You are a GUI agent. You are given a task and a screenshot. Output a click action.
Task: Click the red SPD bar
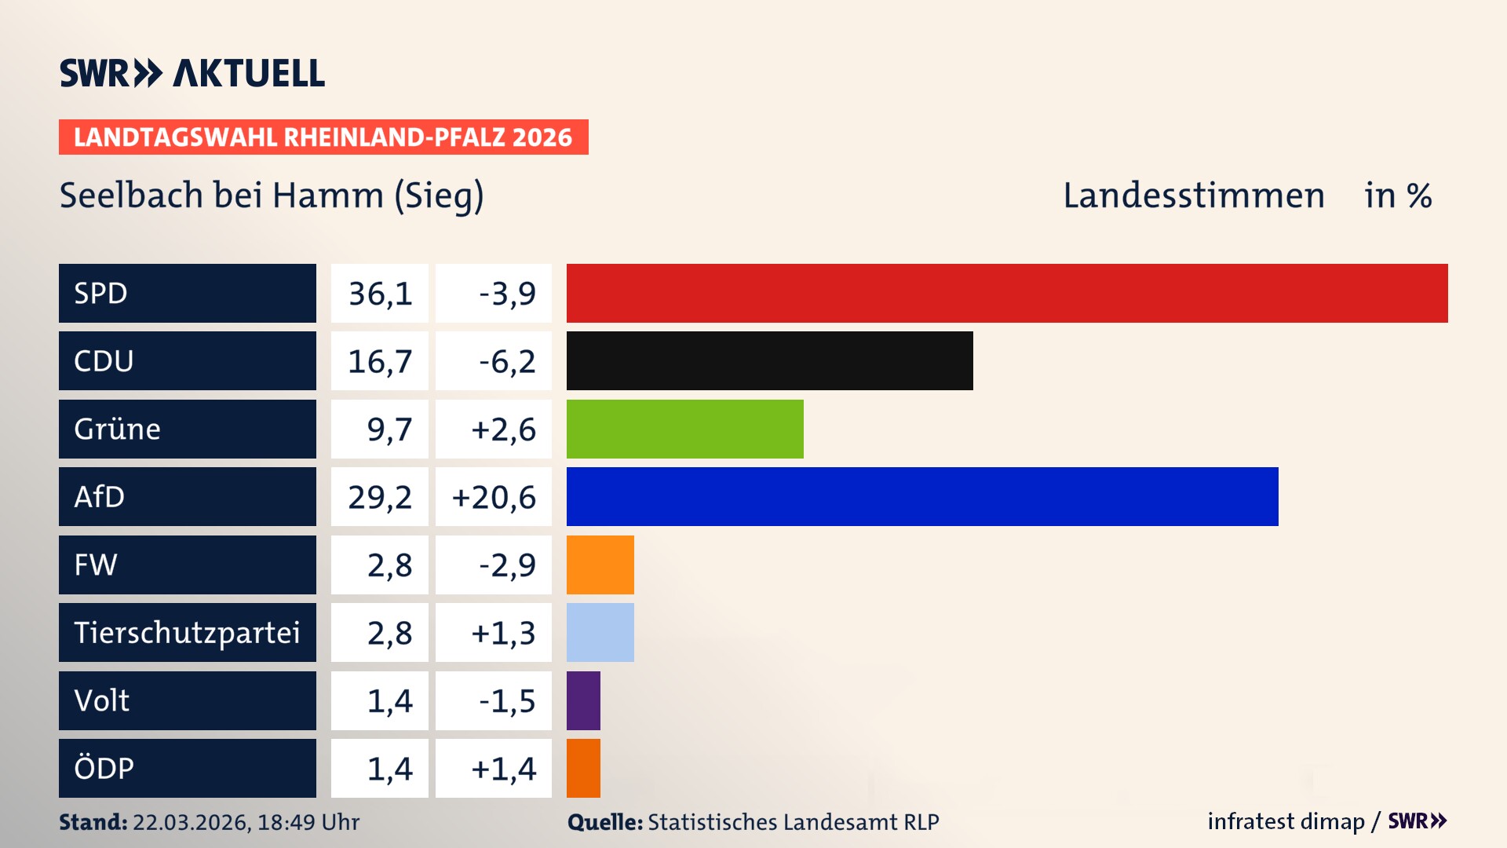[1007, 293]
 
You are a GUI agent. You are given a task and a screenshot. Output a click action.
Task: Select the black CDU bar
[769, 361]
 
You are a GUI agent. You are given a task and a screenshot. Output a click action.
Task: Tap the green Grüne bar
[684, 429]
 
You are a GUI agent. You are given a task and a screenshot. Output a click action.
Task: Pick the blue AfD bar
[922, 496]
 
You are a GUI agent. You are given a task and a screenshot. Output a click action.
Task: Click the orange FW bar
[600, 565]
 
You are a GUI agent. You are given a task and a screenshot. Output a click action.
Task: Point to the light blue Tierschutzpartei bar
[600, 632]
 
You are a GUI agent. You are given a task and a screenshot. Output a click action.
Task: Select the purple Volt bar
[583, 700]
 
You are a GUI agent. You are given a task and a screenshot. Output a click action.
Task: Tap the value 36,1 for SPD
[380, 294]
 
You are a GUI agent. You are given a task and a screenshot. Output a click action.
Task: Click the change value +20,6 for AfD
[494, 497]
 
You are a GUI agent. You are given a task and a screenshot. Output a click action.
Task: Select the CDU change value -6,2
[507, 361]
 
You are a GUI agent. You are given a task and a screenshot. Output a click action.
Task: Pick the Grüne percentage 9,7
[389, 429]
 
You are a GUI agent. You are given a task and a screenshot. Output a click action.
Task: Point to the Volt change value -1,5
[507, 700]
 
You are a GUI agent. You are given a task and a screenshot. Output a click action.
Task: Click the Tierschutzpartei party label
[187, 632]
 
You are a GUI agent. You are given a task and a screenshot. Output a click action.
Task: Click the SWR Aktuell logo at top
[192, 73]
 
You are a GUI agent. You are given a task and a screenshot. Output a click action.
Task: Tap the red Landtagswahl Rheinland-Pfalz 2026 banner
[323, 137]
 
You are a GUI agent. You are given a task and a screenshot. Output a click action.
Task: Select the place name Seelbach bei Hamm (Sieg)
[272, 196]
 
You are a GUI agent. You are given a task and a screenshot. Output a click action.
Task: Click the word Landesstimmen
[1193, 196]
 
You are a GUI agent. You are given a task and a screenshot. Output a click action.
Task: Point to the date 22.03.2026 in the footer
[191, 822]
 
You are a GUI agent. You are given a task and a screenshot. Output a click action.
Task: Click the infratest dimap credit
[1286, 821]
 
